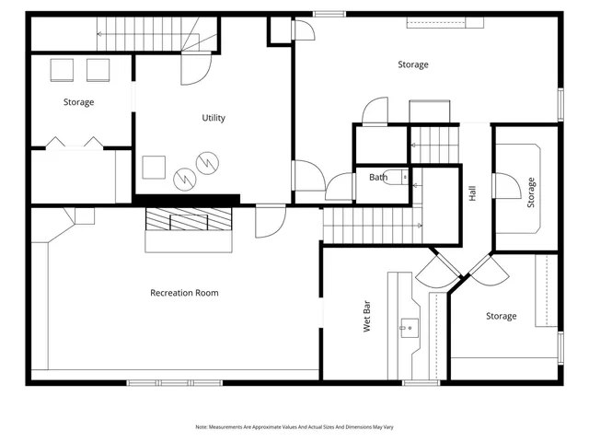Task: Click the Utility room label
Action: [x=214, y=118]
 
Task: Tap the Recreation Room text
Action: [x=184, y=293]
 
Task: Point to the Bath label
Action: [x=378, y=177]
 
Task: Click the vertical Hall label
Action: [x=472, y=194]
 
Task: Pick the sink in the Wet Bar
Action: [x=409, y=326]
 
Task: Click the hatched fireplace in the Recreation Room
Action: [x=189, y=220]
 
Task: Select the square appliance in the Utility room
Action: [x=153, y=168]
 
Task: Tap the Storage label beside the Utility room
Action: [x=78, y=102]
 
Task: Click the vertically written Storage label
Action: [x=531, y=193]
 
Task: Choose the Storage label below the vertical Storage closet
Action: [x=501, y=317]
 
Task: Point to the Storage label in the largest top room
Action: [x=412, y=64]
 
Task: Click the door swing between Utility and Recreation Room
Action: [x=270, y=221]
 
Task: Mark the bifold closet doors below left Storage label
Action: [x=74, y=142]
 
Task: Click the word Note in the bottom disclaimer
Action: [x=202, y=427]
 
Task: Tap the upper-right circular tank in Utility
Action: [x=211, y=163]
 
